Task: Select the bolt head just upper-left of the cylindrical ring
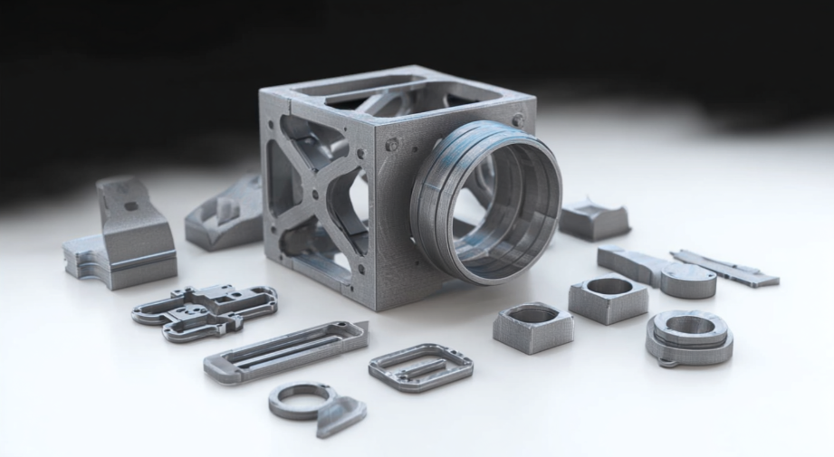click(392, 145)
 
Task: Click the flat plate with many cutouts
click(205, 308)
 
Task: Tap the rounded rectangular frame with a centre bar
click(420, 367)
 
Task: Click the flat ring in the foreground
click(299, 399)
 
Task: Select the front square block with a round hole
click(533, 326)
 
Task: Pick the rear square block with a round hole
click(608, 297)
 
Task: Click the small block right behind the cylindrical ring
click(594, 221)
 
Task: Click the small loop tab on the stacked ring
click(667, 363)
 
